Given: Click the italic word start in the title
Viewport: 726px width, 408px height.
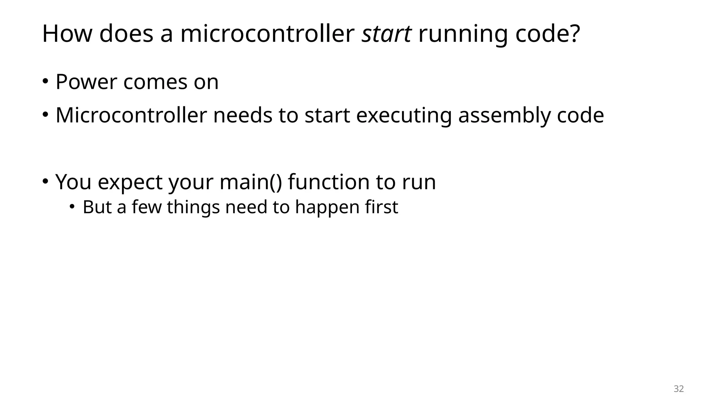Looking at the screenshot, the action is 386,34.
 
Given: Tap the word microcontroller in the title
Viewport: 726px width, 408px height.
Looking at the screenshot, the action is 267,34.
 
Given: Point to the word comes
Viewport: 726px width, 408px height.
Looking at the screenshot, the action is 155,83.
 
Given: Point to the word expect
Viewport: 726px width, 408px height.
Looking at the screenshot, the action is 130,183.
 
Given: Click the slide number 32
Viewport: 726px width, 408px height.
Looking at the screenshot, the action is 678,389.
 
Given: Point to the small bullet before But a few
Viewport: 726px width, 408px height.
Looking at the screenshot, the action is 72,207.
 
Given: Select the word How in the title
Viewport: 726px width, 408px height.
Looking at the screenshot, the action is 67,34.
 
